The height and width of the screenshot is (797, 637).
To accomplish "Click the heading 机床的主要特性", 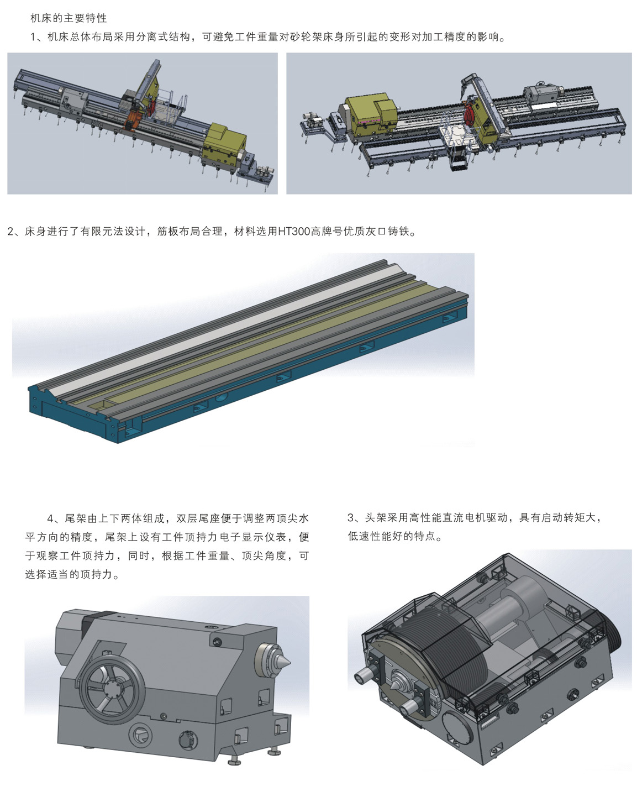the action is point(69,18).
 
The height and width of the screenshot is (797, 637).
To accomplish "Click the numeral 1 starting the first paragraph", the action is point(33,37).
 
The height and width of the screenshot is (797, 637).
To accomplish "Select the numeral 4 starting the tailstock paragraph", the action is point(50,518).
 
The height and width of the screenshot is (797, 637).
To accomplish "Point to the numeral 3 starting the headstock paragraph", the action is point(350,518).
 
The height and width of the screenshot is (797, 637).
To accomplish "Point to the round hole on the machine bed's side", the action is point(221,398).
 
